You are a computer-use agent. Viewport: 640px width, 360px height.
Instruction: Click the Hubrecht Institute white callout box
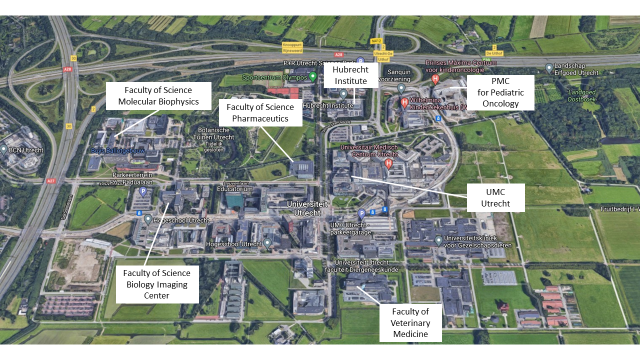pos(350,75)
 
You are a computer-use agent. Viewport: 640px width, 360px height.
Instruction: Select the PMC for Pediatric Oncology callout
pos(500,92)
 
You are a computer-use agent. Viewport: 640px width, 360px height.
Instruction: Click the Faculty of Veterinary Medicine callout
pos(410,322)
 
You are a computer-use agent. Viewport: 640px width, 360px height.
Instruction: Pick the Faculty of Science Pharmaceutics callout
pos(260,112)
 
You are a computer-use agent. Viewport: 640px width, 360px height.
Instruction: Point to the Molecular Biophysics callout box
pos(158,96)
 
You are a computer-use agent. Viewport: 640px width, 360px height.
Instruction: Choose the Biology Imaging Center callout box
pos(157,284)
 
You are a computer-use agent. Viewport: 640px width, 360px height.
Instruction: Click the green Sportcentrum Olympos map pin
pos(313,76)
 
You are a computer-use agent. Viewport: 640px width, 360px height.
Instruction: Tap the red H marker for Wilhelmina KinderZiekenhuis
pos(404,102)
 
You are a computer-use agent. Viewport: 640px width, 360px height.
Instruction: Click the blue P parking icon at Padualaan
pos(143,191)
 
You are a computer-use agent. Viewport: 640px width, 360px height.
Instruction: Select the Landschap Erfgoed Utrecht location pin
pos(549,67)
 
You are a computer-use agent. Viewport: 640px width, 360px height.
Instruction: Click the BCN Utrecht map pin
pos(4,149)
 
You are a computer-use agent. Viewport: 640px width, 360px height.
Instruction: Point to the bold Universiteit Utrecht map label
pos(307,208)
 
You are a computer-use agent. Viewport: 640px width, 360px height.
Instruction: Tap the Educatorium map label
pos(233,189)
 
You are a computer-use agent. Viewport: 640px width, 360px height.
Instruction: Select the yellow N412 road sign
pos(376,41)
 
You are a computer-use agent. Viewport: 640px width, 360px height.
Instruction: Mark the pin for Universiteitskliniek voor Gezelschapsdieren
pos(438,240)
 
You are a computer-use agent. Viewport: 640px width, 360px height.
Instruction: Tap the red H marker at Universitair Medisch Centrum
pos(388,163)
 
